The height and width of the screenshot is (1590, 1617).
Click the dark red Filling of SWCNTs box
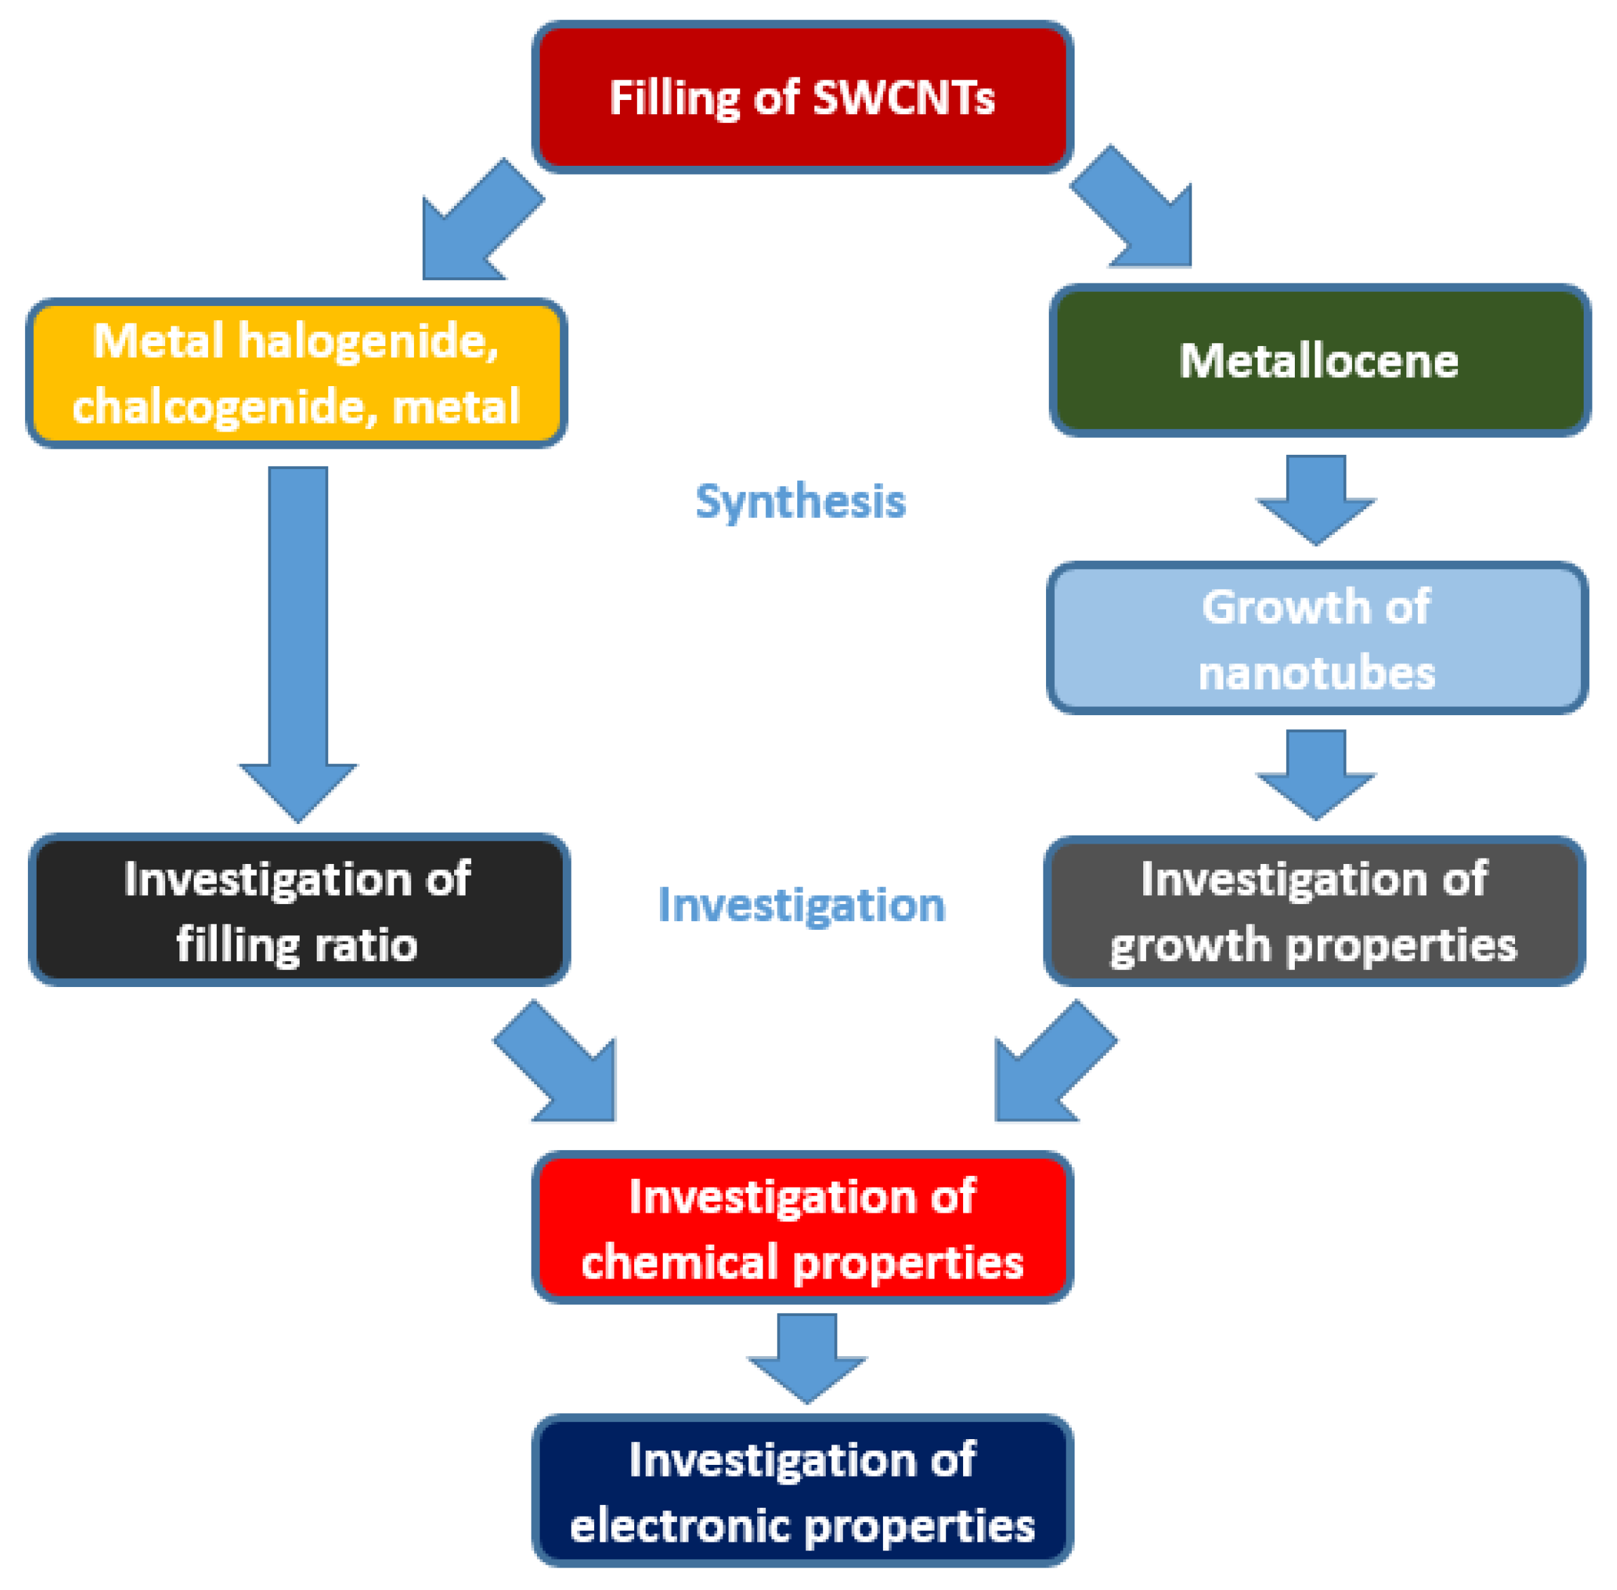[x=801, y=97]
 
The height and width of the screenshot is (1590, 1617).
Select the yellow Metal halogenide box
[x=296, y=373]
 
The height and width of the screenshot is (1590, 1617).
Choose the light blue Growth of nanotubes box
[x=1317, y=638]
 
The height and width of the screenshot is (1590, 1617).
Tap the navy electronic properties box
[x=802, y=1491]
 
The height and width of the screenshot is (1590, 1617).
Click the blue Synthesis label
[x=801, y=502]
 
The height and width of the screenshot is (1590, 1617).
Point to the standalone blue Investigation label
[x=801, y=905]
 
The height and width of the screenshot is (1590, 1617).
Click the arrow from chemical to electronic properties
[x=806, y=1356]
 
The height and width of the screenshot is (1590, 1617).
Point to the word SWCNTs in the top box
[x=903, y=98]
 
